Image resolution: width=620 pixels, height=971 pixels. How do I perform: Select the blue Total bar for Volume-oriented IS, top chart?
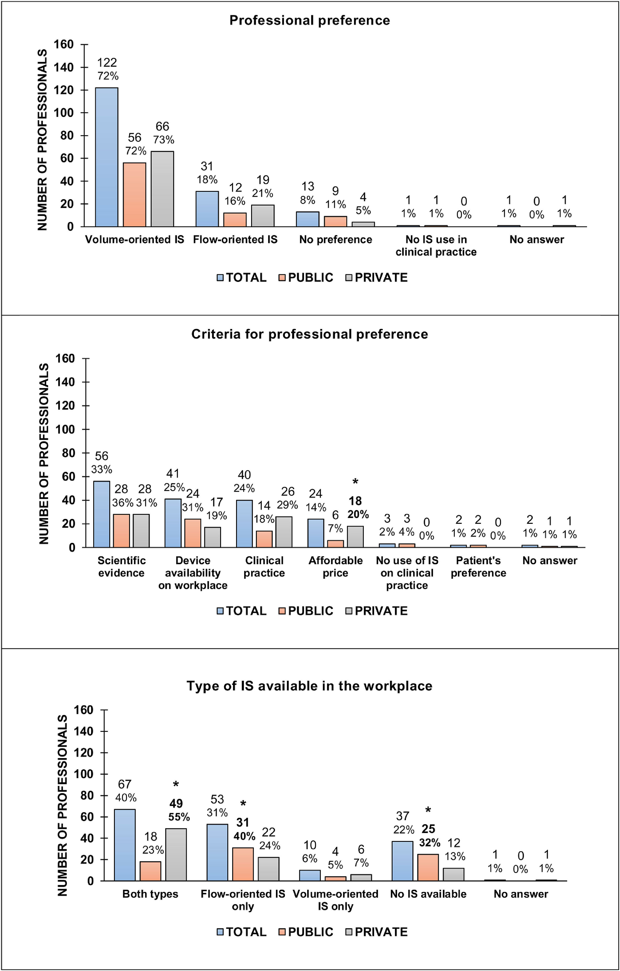tap(107, 157)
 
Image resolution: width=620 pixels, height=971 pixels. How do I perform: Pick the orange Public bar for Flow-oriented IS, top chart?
tap(235, 220)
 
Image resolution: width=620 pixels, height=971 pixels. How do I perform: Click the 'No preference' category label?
tap(336, 239)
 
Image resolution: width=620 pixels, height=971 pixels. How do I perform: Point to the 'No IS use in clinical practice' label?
tap(436, 246)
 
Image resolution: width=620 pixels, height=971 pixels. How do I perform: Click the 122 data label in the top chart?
tap(107, 62)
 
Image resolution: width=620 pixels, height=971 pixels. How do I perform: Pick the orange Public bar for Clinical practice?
tap(264, 539)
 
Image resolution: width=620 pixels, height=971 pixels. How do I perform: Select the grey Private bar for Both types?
tap(176, 855)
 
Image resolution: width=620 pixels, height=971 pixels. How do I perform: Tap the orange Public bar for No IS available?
tap(428, 867)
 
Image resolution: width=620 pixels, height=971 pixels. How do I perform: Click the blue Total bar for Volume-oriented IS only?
tap(310, 876)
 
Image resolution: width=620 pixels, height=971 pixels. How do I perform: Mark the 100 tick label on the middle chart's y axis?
tap(65, 429)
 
